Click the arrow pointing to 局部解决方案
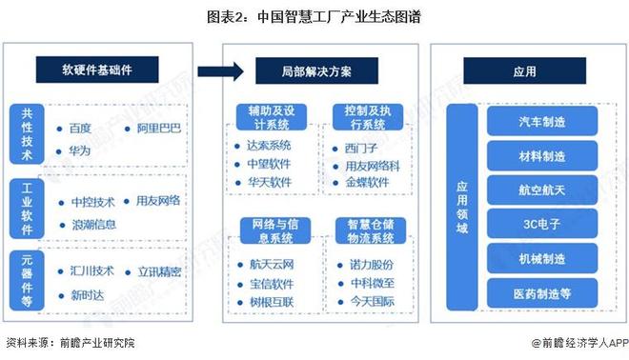[218, 70]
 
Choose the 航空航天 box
[540, 189]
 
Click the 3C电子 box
[540, 223]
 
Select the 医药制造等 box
[540, 291]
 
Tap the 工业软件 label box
[27, 209]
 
